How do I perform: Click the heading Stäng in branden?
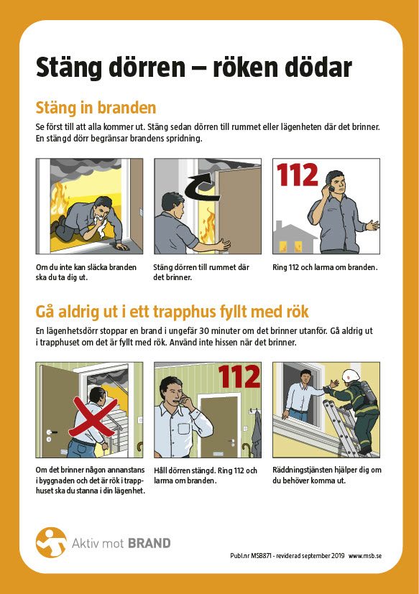pos(96,108)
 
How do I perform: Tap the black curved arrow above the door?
pos(201,187)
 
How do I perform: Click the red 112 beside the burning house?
pos(298,175)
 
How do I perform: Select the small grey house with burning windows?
pos(294,238)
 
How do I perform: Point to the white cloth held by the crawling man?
pos(101,223)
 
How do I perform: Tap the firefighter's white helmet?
pos(351,376)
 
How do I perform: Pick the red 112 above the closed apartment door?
pos(239,376)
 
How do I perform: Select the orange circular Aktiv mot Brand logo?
pos(51,542)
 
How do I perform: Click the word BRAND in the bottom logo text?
pos(149,543)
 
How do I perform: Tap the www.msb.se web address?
pos(365,556)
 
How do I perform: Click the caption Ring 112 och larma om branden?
pos(325,267)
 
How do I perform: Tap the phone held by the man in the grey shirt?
pos(331,188)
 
